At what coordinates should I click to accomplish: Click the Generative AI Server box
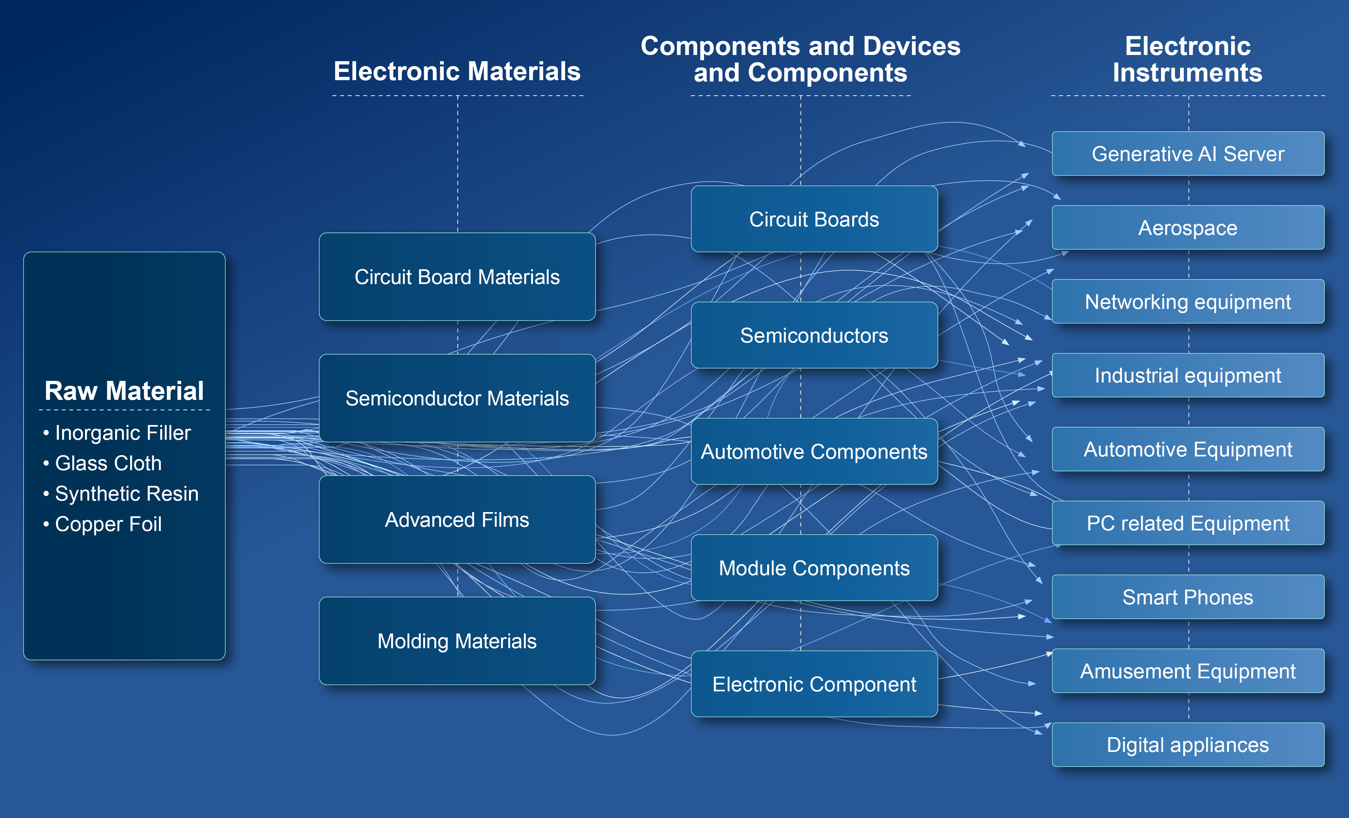1187,154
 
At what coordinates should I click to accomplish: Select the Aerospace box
1187,228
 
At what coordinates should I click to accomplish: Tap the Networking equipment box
1187,302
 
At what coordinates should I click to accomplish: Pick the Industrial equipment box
1187,376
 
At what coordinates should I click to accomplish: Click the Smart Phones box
1187,597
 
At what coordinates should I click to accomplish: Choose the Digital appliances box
1187,745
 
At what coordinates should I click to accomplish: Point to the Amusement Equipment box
1187,671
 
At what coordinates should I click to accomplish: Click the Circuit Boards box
814,219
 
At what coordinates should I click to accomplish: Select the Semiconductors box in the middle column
814,335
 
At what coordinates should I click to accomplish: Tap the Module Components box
814,568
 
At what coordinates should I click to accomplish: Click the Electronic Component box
814,684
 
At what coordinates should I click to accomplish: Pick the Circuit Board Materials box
457,277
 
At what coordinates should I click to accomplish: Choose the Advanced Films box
457,520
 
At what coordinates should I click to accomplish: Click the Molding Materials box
457,641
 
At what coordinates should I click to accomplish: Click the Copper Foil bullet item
108,524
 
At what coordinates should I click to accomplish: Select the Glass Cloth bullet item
108,464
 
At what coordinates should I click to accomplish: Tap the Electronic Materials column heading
457,71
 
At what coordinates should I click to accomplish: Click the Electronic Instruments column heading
1187,59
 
